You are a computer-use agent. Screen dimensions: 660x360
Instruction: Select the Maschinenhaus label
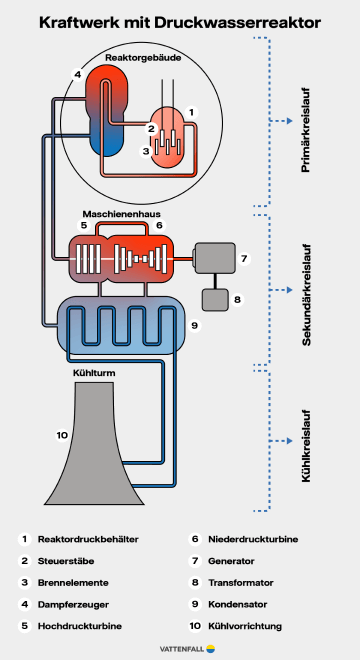tap(121, 214)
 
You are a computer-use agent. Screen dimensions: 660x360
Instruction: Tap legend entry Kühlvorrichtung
tap(239, 626)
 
